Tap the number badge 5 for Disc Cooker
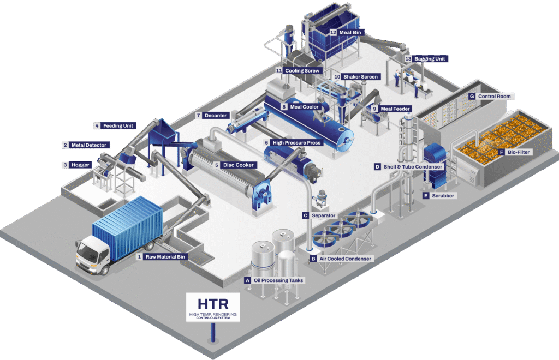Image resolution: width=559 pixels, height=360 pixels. (x=217, y=165)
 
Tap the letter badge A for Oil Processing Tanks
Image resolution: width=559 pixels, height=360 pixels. (x=247, y=280)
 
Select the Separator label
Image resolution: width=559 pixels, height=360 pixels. (x=323, y=215)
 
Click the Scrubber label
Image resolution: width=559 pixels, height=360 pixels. (x=443, y=195)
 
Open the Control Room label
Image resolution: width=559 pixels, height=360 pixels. (x=494, y=97)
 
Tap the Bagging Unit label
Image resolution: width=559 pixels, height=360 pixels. (x=429, y=58)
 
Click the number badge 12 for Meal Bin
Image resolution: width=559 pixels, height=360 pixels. (x=332, y=32)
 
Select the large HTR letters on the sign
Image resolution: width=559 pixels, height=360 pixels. (x=212, y=303)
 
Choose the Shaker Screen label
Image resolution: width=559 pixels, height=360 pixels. (x=360, y=77)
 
